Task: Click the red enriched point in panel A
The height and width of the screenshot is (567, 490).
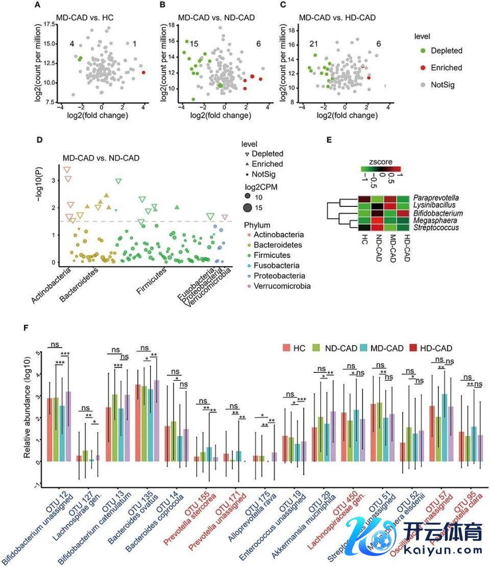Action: [143, 73]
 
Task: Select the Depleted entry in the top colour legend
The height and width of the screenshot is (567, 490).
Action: [446, 51]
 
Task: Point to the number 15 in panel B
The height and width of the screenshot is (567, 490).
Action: [194, 44]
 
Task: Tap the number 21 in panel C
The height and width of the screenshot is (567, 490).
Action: [314, 44]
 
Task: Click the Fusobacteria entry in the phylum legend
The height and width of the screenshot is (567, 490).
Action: [279, 266]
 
